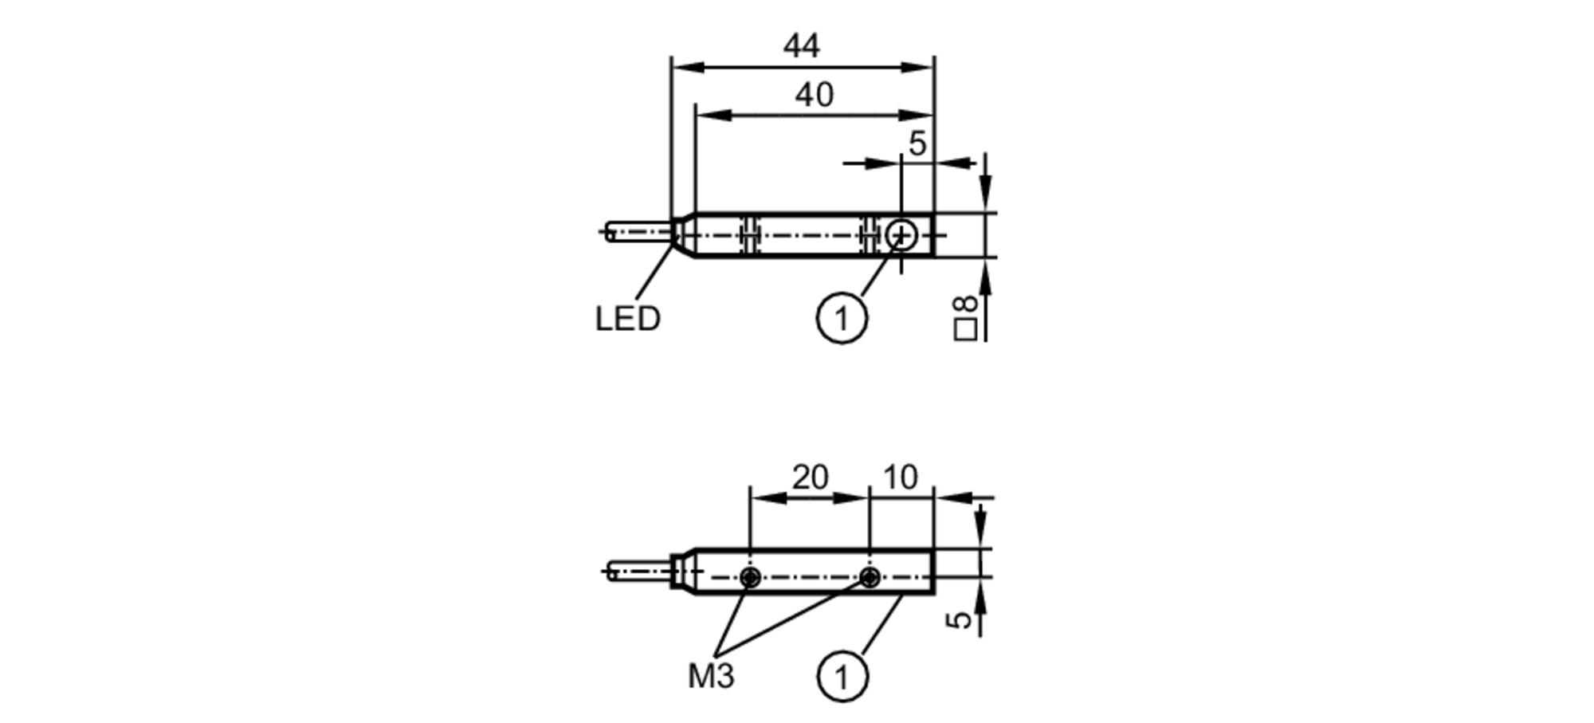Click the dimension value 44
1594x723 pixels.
(801, 46)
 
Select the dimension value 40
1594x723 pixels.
(814, 95)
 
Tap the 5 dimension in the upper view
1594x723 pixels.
(917, 143)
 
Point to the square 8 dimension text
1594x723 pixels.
(965, 317)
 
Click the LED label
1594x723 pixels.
(628, 319)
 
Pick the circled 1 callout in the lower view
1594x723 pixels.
(842, 678)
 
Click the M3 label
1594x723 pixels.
(711, 677)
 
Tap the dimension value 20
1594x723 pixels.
(810, 477)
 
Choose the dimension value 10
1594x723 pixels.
(900, 477)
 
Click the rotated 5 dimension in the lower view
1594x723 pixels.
(964, 619)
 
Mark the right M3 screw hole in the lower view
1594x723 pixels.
(870, 577)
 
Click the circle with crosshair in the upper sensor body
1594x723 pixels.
(901, 235)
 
